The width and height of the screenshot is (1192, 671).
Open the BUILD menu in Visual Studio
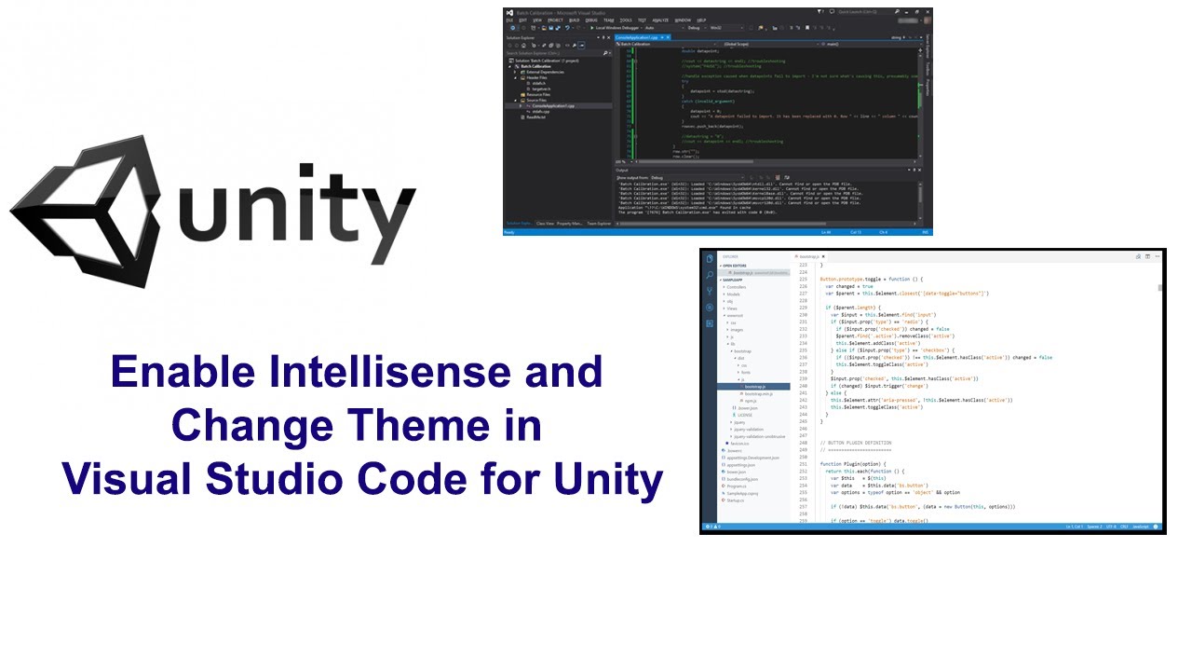(575, 20)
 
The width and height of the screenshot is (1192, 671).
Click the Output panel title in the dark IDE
(622, 171)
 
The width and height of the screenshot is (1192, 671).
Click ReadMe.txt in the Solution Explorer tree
(535, 116)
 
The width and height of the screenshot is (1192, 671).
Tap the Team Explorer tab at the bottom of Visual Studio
(599, 224)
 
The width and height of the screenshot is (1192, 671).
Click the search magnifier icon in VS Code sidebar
(710, 275)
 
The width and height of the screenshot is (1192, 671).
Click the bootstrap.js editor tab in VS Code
(808, 256)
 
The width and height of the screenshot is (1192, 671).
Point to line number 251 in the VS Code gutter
(802, 463)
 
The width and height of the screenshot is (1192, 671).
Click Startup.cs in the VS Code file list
(737, 500)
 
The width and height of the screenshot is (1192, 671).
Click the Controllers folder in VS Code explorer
(737, 287)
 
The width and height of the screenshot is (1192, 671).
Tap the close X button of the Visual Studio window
(927, 11)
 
